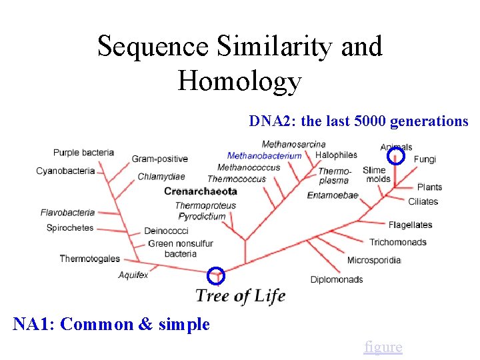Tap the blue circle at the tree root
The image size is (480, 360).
(x=217, y=275)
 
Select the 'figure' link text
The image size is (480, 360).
(x=383, y=347)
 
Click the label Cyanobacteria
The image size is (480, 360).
(x=65, y=171)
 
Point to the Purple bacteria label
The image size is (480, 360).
(x=83, y=153)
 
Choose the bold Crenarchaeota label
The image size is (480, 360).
(x=201, y=191)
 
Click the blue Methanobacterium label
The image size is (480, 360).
(x=264, y=156)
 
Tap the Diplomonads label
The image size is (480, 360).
(x=337, y=279)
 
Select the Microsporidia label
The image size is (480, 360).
(x=373, y=260)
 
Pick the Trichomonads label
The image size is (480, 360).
(x=398, y=242)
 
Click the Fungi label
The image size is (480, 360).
(x=425, y=159)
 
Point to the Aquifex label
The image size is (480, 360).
(x=133, y=275)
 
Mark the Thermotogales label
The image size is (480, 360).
(x=89, y=259)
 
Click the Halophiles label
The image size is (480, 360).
(x=336, y=155)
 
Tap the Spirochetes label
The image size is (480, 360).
(x=70, y=228)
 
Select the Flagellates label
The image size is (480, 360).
(x=410, y=225)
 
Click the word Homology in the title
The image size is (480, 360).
(x=239, y=81)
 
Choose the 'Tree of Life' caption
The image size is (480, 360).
(x=240, y=295)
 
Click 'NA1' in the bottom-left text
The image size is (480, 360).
(x=34, y=325)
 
